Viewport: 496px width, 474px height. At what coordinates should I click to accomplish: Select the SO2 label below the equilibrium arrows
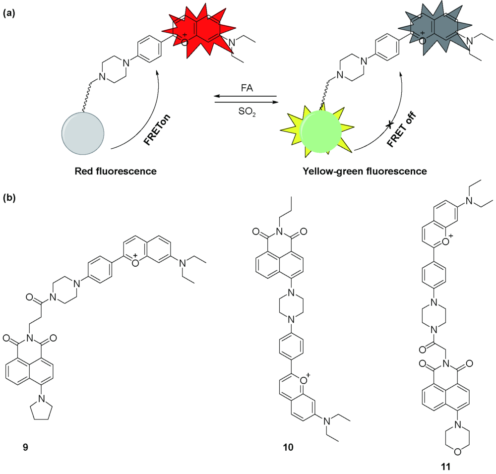click(x=245, y=110)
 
